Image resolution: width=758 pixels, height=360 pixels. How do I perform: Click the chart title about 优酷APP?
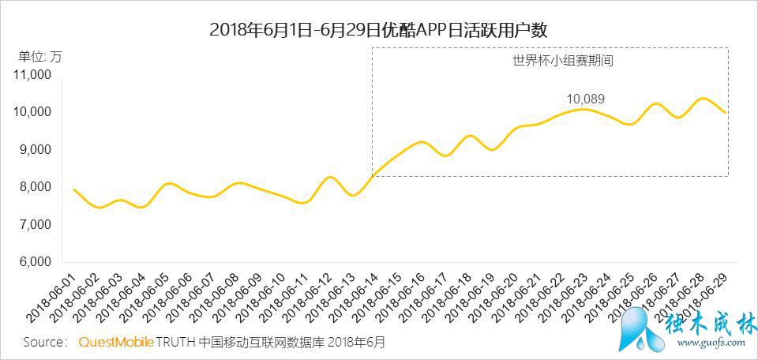tap(378, 30)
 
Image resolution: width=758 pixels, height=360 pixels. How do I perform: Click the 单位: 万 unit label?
tap(39, 57)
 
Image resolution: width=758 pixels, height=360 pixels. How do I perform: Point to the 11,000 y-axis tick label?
tap(32, 75)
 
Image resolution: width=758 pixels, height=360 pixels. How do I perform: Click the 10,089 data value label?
tap(585, 99)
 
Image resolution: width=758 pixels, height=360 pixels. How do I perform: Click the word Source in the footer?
tap(43, 343)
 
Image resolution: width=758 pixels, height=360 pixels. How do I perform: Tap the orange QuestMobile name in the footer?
tap(115, 343)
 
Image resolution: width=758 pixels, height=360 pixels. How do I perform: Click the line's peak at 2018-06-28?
tap(702, 99)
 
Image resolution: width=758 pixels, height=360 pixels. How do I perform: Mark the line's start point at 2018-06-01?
tap(73, 189)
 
